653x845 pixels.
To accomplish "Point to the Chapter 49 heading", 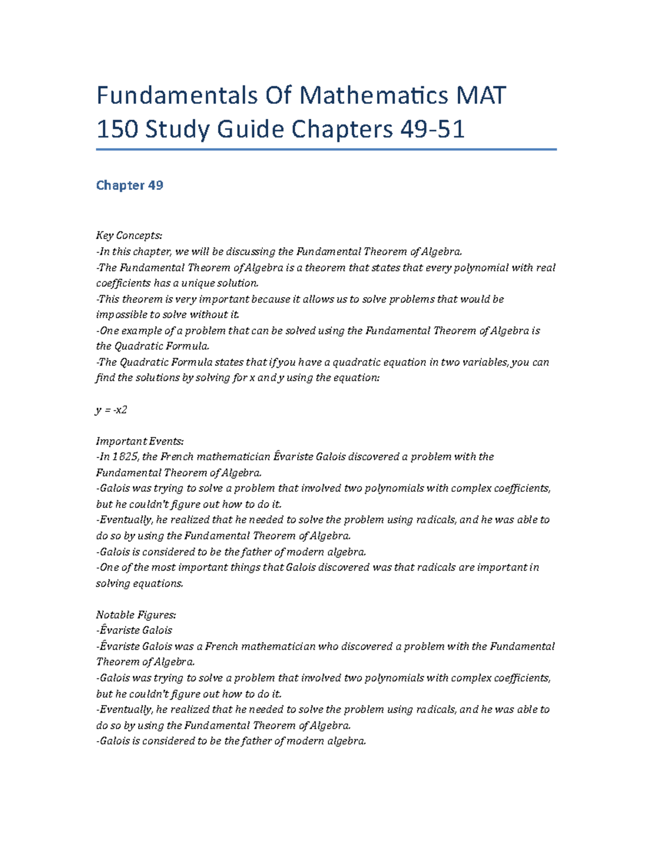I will click(130, 186).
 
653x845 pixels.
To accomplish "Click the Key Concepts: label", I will click(129, 236).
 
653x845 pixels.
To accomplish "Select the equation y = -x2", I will click(112, 410).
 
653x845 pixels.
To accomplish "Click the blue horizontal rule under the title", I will click(326, 149).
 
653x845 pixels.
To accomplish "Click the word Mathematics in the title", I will click(374, 96).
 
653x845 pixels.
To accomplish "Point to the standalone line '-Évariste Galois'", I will click(134, 631).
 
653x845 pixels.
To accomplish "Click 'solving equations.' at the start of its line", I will click(139, 584).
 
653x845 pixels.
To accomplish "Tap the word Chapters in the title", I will click(342, 129).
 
